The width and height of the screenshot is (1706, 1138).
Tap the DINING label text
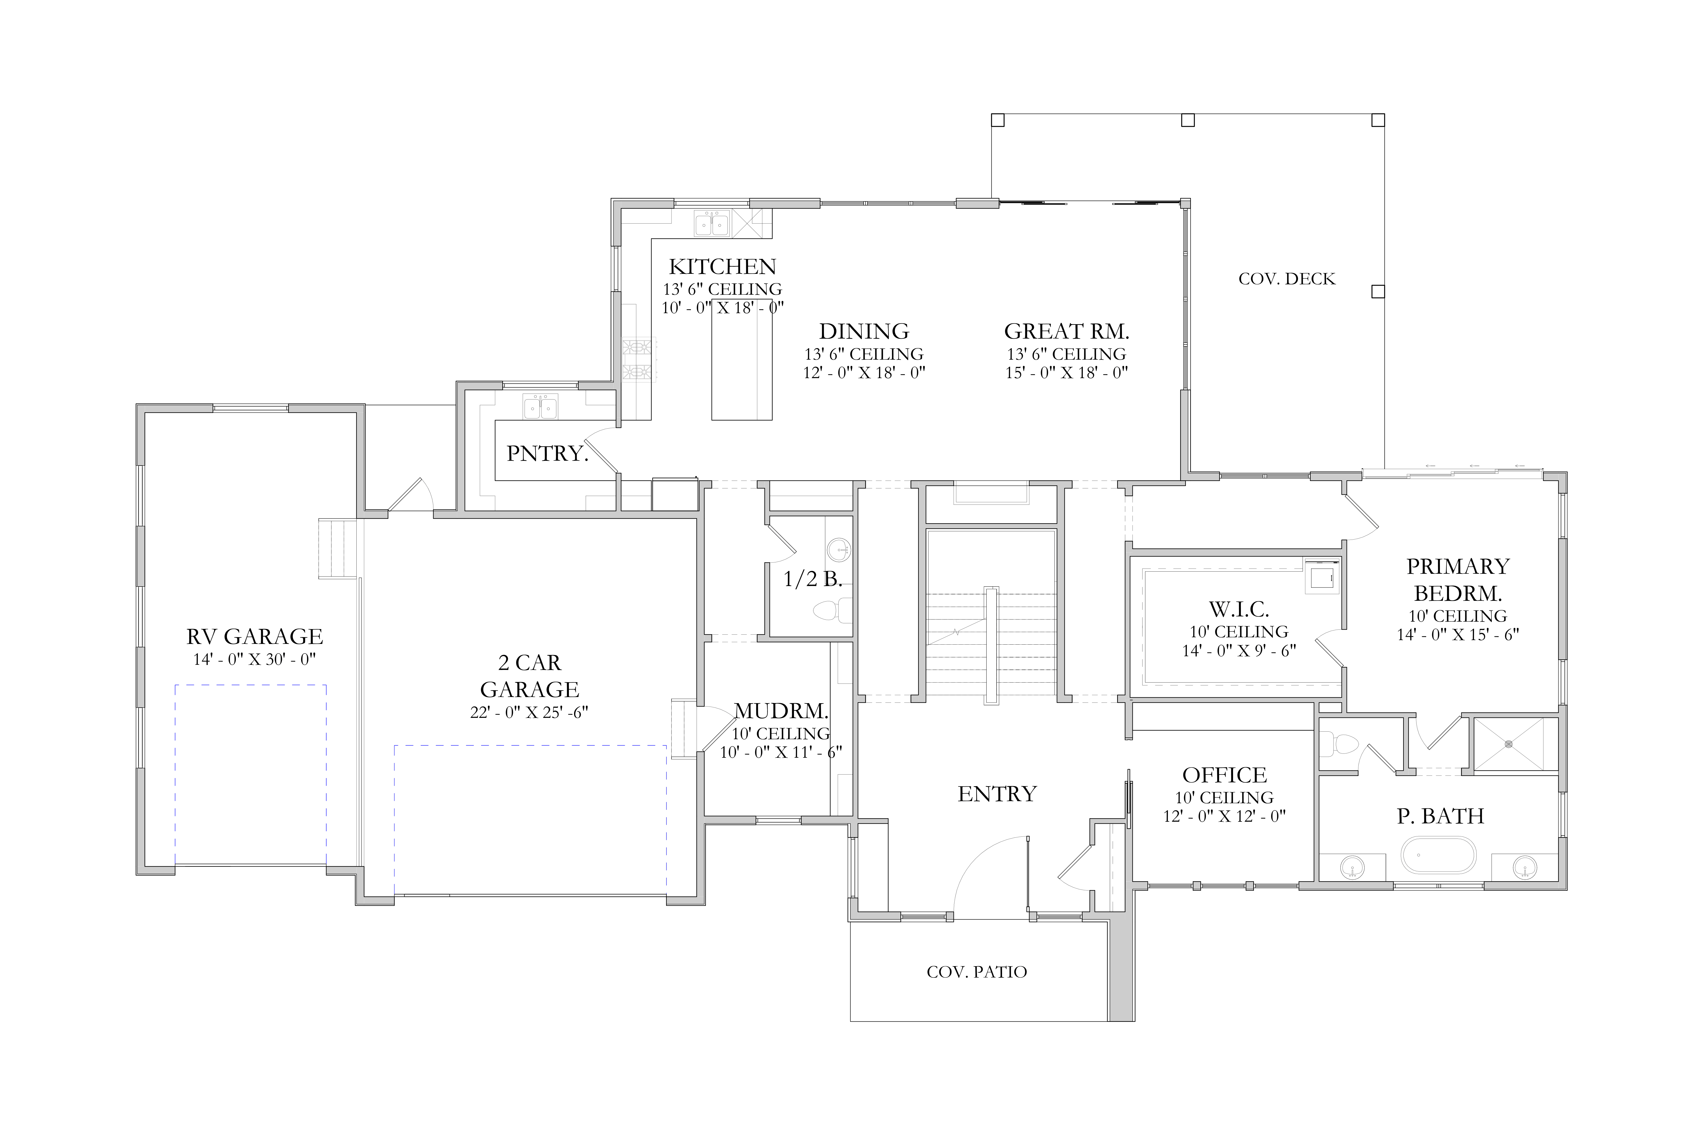[x=864, y=332]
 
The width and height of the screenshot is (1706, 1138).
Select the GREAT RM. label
[x=1066, y=332]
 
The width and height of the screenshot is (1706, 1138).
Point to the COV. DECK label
[x=1287, y=279]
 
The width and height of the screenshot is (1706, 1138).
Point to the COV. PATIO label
[x=977, y=972]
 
